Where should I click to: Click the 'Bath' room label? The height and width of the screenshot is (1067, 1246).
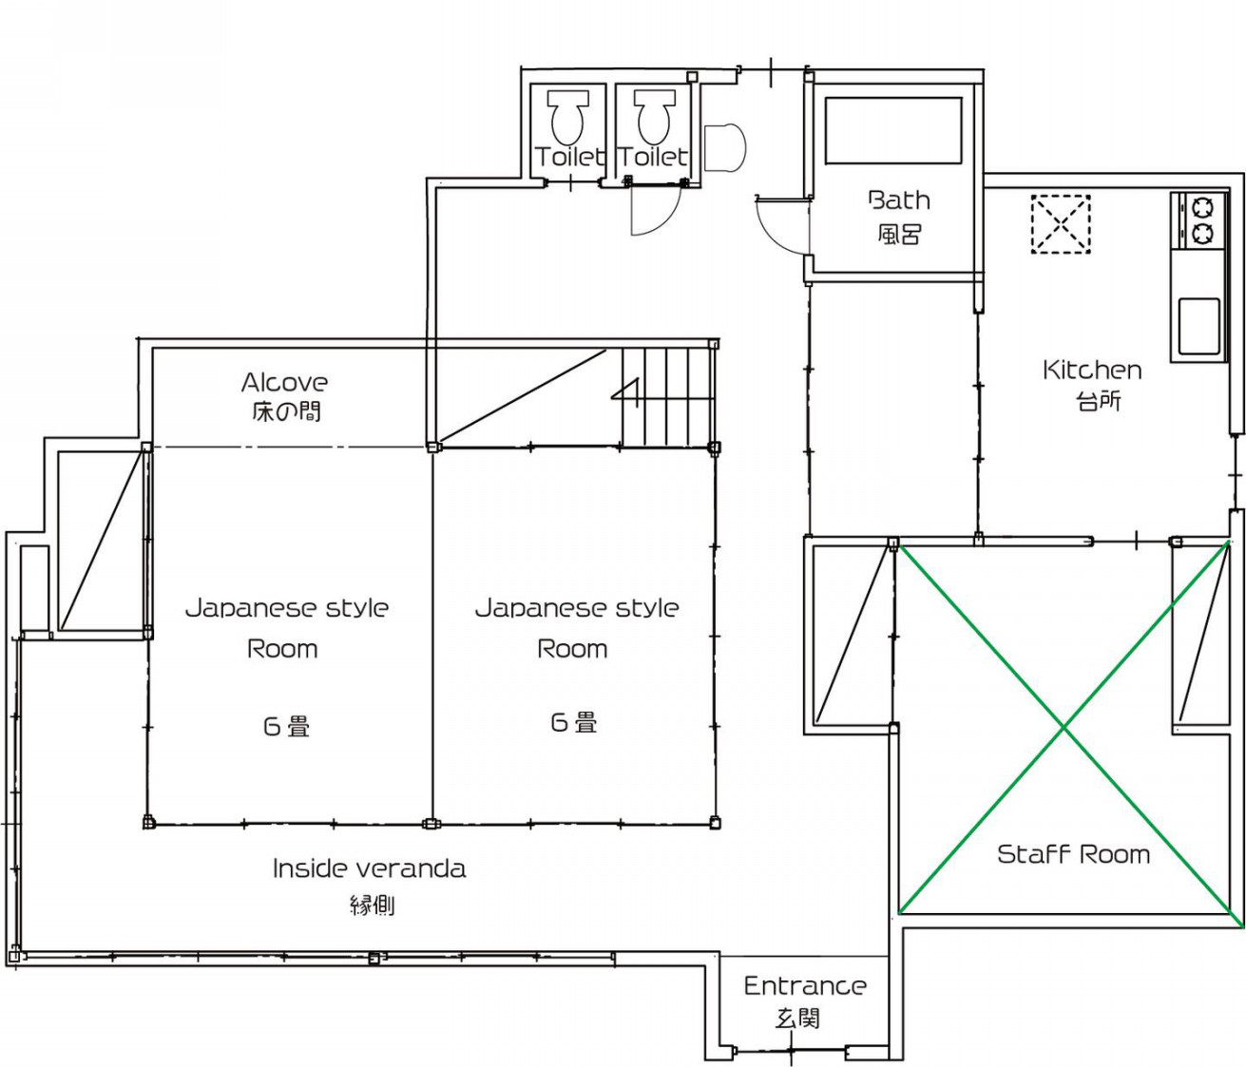pos(899,200)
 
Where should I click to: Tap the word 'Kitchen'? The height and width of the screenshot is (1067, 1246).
pos(1092,370)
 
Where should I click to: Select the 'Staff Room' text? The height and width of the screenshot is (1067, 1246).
pos(1074,854)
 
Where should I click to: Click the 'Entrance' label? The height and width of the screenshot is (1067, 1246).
pos(805,986)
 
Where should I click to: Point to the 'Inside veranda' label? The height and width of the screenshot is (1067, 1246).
pos(370,868)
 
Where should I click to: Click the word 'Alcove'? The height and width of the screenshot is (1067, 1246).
pos(284,382)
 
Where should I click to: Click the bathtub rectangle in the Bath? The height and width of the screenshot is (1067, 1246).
pos(893,130)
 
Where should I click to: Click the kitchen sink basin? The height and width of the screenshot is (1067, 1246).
pos(1199,326)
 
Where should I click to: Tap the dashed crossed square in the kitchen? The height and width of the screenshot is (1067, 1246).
pos(1061,224)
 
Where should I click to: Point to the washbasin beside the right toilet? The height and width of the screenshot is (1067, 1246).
pos(725,147)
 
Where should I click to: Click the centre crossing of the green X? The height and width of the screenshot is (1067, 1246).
pos(1064,729)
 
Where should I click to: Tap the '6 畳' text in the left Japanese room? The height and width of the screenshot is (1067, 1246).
pos(286,727)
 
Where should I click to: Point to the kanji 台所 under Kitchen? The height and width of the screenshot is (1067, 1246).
pos(1099,401)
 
